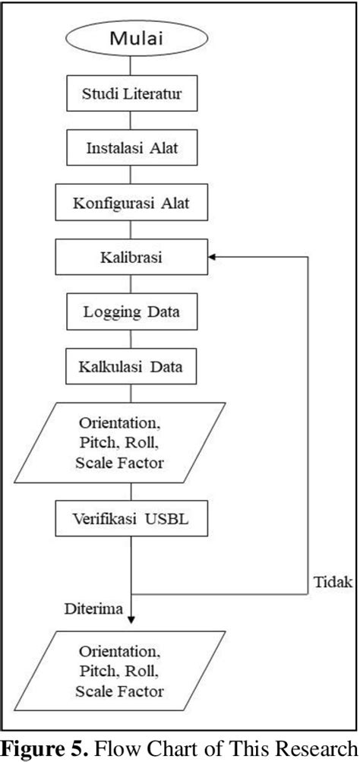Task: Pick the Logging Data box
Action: point(132,312)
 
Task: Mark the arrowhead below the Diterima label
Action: point(132,621)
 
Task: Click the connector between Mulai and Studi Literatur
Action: point(132,65)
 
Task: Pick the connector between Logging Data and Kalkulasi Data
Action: point(132,340)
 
